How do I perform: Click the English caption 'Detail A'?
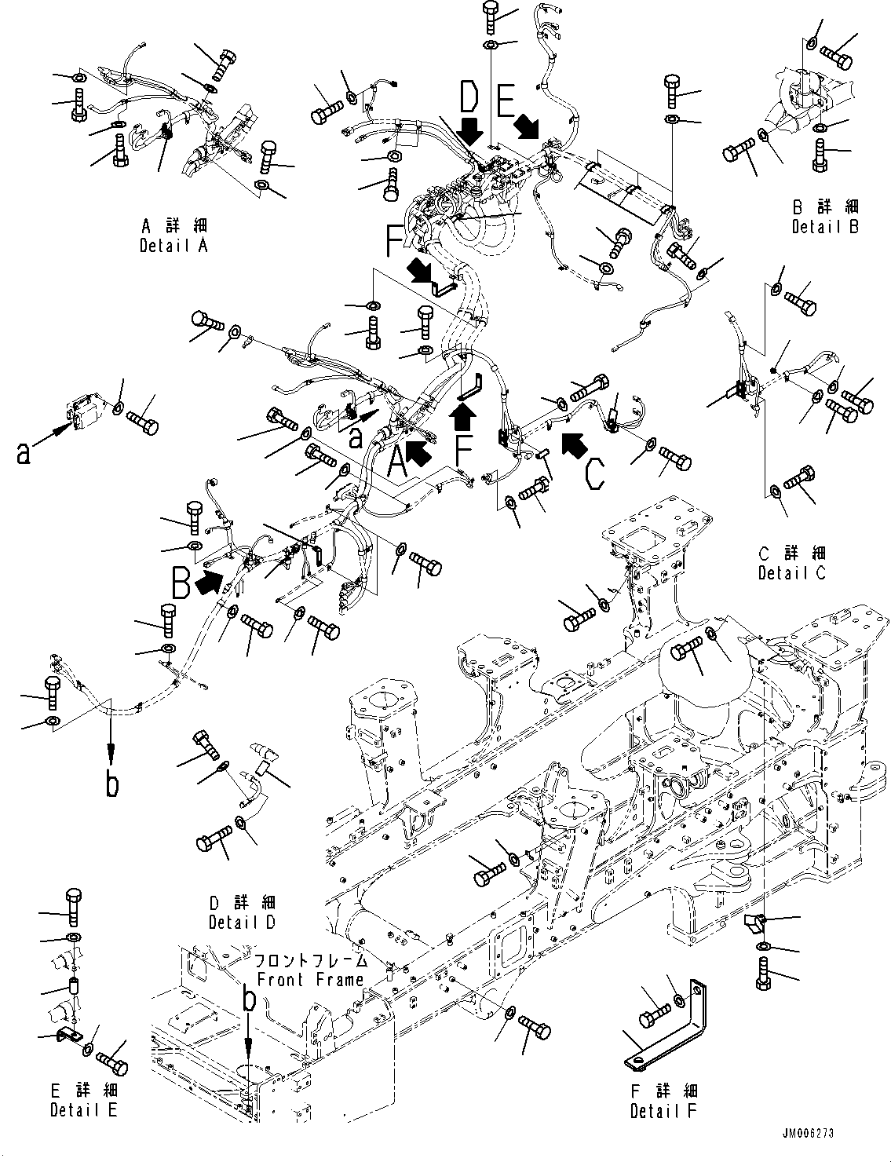(173, 246)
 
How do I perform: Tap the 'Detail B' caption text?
(825, 227)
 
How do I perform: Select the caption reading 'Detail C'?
(791, 573)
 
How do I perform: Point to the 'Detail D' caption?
(242, 922)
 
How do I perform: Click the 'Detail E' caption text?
(84, 1110)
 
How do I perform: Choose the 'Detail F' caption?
(663, 1111)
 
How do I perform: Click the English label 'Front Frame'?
(311, 979)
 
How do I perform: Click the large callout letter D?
(468, 99)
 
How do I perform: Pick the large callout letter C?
(594, 471)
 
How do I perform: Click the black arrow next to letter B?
(210, 582)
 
